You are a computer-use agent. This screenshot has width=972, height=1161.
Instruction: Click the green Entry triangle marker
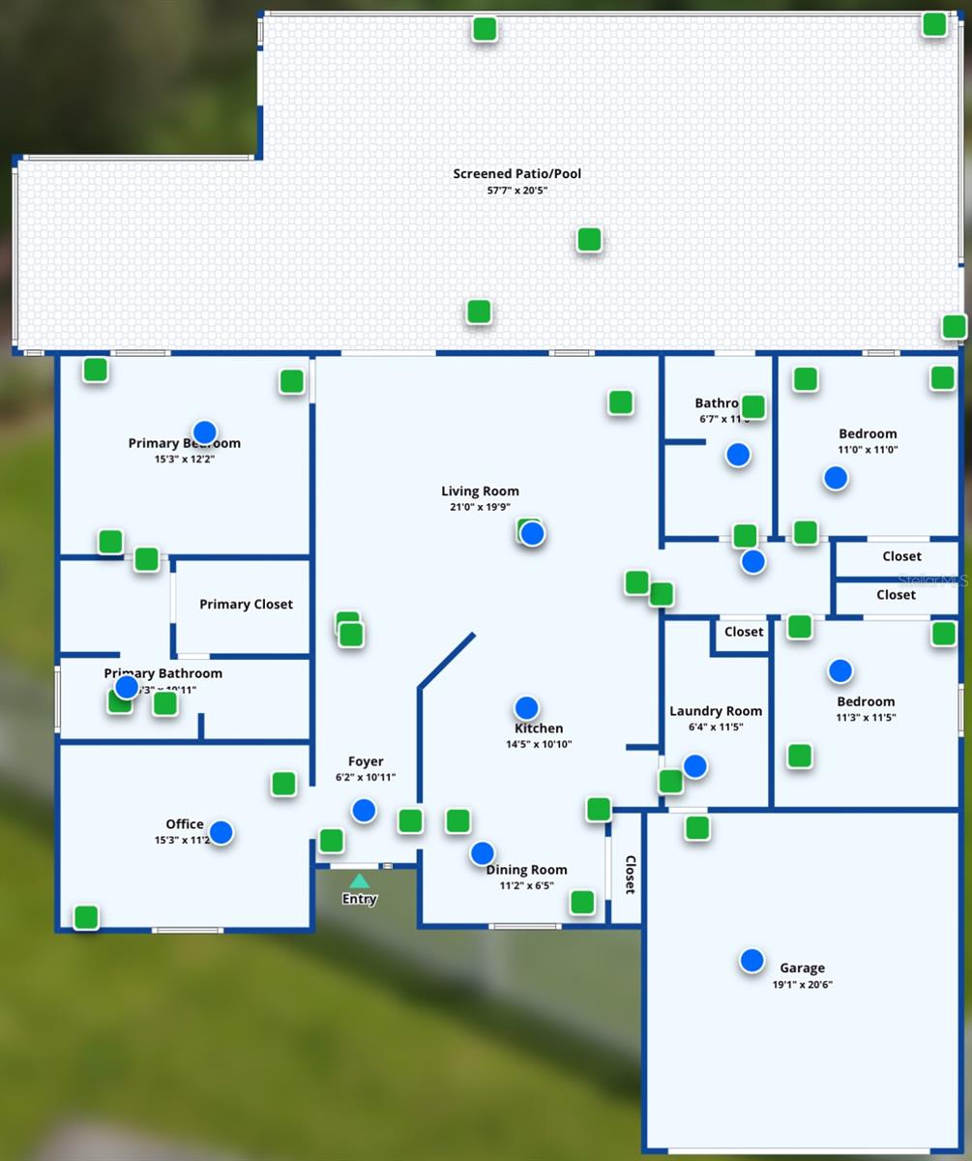tap(359, 880)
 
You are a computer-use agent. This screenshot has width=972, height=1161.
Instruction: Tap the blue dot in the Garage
tap(751, 961)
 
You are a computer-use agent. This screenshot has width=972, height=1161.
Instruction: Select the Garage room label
tap(802, 967)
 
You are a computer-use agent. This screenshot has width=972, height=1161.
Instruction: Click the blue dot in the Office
tap(221, 832)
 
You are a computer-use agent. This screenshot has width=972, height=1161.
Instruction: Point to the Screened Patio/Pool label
tap(517, 174)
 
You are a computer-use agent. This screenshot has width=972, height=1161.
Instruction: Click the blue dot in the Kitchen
tap(526, 708)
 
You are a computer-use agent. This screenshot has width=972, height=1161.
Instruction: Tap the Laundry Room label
tap(716, 711)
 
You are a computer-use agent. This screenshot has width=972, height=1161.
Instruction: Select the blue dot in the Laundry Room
tap(694, 766)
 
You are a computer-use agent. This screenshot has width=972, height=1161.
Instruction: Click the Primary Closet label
tap(246, 605)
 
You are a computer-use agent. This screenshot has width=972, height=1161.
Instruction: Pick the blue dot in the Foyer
tap(364, 811)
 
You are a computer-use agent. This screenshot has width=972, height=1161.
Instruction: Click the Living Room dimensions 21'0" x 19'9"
tap(481, 507)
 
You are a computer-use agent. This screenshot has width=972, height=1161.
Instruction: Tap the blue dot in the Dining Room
tap(482, 853)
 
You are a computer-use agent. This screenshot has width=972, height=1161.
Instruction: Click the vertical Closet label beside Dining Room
tap(630, 875)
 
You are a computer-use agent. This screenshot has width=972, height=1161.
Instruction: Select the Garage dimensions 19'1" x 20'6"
tap(802, 985)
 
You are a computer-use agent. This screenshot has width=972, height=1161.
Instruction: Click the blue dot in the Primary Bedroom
tap(204, 432)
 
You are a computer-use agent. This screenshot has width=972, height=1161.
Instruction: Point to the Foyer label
tap(366, 761)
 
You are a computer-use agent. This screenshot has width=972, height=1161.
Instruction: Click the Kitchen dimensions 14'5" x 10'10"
tap(539, 745)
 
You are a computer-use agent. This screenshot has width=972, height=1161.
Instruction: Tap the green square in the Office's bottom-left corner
tap(86, 917)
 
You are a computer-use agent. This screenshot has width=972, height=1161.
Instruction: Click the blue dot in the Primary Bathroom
tap(127, 687)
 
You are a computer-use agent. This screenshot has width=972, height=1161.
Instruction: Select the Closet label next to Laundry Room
tap(744, 632)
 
